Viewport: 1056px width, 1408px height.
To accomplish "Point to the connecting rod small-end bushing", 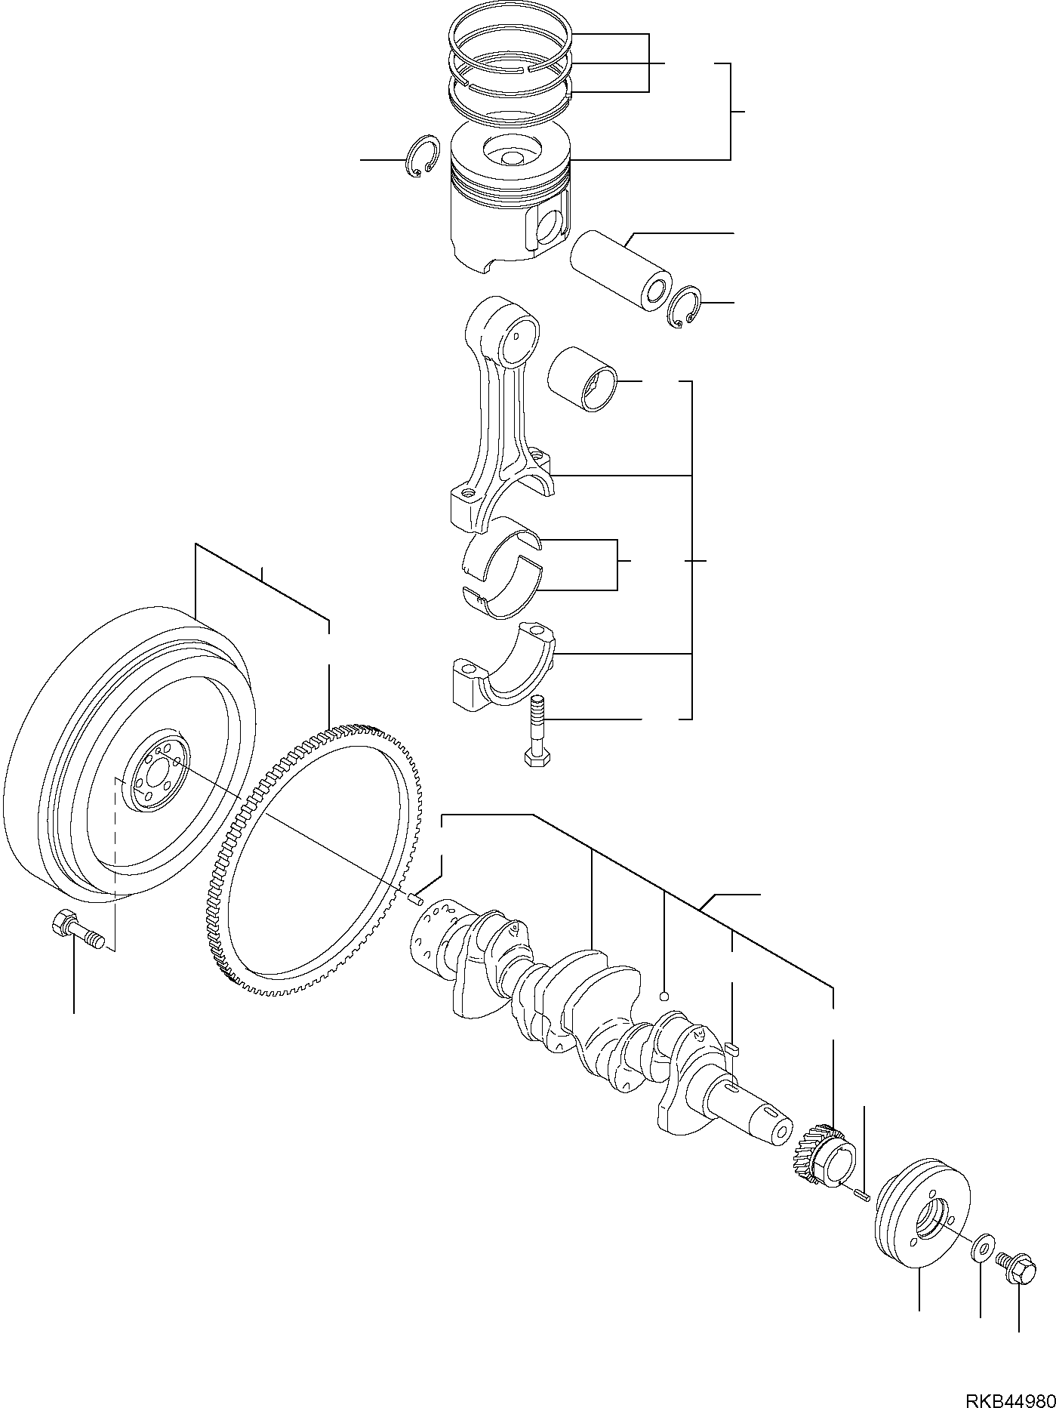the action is pyautogui.click(x=584, y=380).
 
